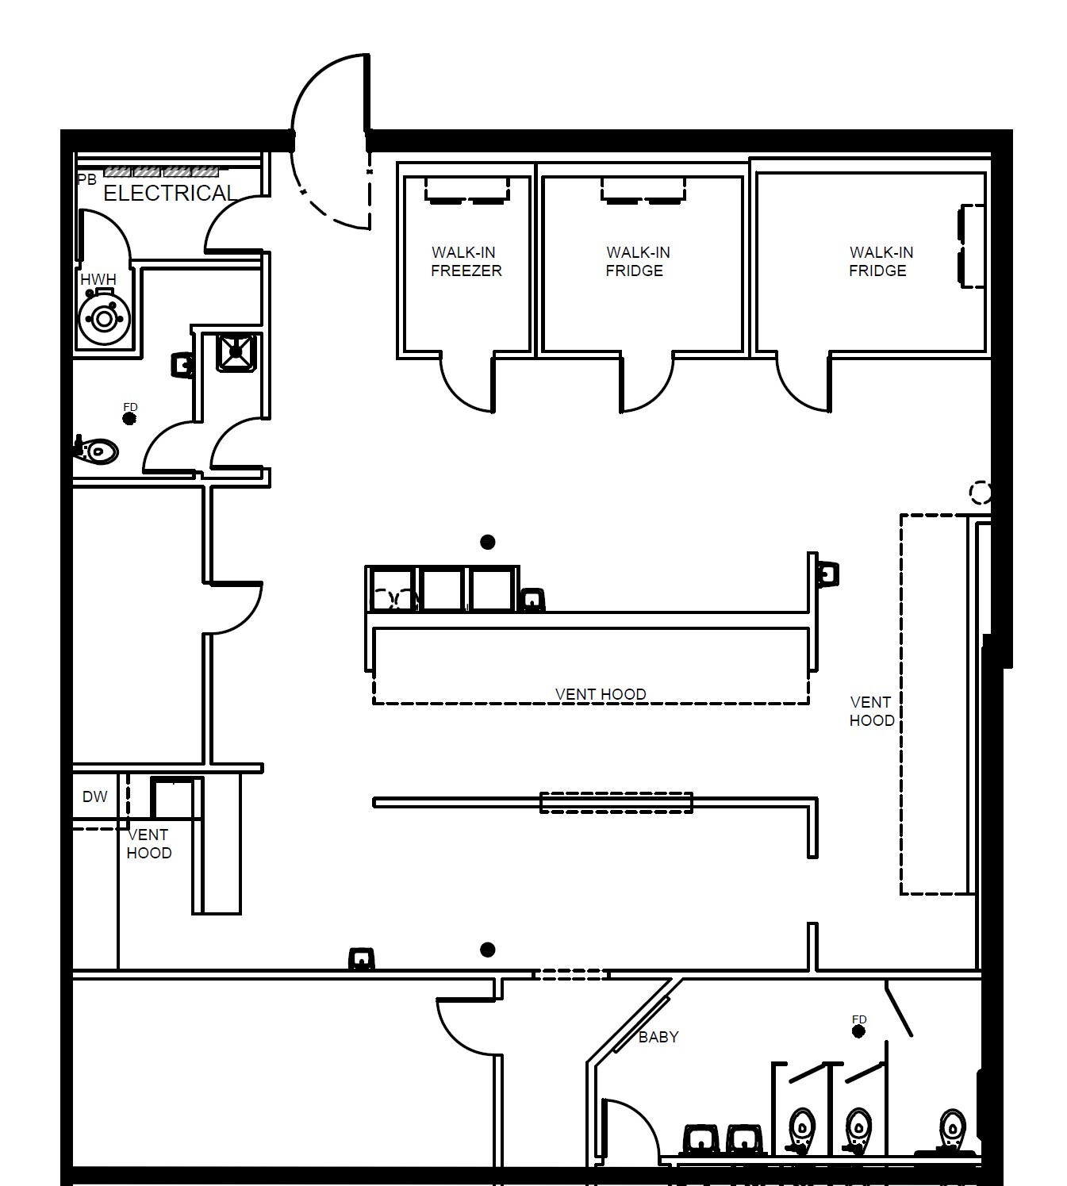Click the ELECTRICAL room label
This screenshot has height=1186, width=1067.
coord(170,194)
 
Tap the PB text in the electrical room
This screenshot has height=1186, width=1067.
coord(86,180)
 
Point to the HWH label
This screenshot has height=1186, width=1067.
coord(98,280)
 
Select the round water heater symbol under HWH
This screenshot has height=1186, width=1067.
coord(103,319)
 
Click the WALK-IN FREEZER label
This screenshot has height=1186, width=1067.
coord(466,262)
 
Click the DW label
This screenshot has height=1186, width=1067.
coord(94,797)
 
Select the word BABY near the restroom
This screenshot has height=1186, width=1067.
coord(658,1037)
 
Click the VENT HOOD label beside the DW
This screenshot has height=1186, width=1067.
coord(148,844)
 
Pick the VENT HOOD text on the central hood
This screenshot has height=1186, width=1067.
coord(601,694)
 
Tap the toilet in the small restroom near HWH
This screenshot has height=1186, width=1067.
coord(97,452)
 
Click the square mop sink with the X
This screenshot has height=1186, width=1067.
coord(236,351)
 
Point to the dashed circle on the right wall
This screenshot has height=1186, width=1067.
coord(981,493)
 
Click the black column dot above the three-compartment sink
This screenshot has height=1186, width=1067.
coord(488,542)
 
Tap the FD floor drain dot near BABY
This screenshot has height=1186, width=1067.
coord(858,1031)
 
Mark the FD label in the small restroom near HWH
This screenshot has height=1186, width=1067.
coord(130,408)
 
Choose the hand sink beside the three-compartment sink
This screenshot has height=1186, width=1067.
coord(532,600)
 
